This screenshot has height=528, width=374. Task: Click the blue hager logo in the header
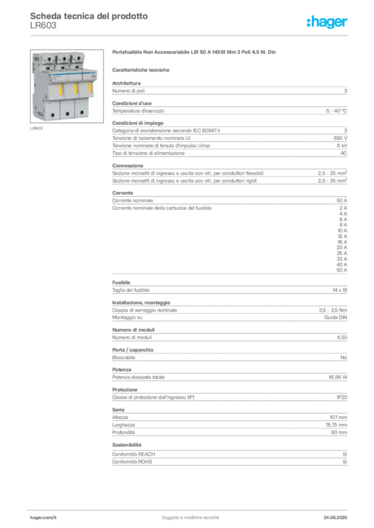coord(328,22)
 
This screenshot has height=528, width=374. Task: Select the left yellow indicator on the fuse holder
coord(60,90)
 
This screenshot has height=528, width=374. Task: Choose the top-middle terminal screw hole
coord(65,59)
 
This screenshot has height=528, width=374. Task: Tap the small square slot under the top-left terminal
coord(48,68)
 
